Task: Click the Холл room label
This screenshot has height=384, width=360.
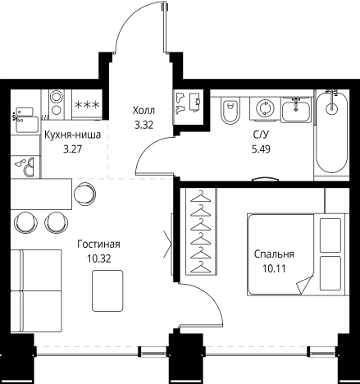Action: tap(144, 111)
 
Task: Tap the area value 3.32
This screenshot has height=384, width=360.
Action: tap(144, 126)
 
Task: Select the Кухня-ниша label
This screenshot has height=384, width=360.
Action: tap(72, 135)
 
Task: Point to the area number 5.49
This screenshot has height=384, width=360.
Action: tap(261, 149)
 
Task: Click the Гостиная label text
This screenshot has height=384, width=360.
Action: tap(98, 245)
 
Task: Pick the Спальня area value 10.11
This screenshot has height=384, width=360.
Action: tap(274, 268)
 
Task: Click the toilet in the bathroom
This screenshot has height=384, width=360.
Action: tap(229, 110)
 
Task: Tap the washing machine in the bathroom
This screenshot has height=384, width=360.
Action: tap(265, 108)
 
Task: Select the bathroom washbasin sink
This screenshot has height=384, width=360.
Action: tap(296, 109)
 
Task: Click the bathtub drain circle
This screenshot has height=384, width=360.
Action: tap(331, 108)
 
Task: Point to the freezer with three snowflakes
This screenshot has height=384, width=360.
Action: tap(87, 105)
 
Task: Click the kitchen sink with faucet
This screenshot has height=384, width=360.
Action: tap(25, 121)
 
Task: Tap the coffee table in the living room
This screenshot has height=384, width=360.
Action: tap(107, 290)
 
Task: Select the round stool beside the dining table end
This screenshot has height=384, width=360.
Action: tap(85, 194)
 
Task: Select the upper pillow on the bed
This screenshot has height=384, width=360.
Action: tap(330, 235)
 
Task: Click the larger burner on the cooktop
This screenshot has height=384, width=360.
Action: tap(57, 97)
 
